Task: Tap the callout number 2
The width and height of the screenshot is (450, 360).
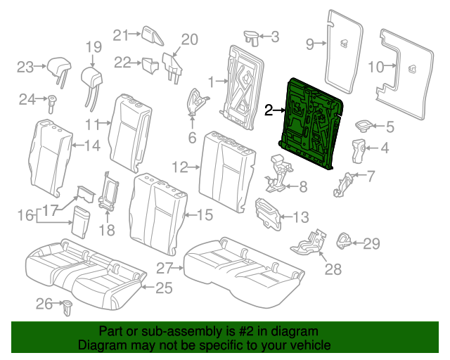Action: click(x=269, y=110)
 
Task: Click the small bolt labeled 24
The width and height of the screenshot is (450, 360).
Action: click(x=52, y=103)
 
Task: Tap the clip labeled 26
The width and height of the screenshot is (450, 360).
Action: click(x=68, y=306)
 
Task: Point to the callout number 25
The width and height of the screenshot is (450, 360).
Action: click(x=164, y=287)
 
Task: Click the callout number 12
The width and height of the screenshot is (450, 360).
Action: click(x=179, y=167)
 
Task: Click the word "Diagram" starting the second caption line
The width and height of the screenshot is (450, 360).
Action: click(x=98, y=346)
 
